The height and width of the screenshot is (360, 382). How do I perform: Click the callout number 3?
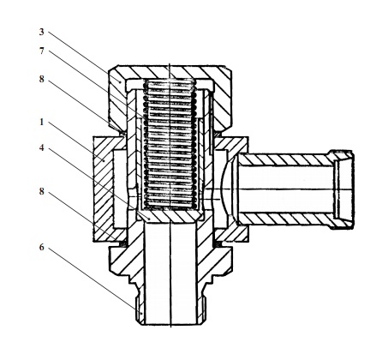click(42, 32)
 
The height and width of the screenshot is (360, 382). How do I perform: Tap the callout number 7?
click(42, 51)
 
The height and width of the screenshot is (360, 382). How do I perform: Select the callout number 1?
click(42, 123)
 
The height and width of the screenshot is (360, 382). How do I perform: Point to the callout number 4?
click(42, 148)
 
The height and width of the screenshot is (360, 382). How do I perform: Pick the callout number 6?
click(42, 248)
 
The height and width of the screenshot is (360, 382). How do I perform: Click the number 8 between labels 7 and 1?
click(42, 80)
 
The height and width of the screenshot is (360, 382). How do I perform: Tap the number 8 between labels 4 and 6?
click(42, 191)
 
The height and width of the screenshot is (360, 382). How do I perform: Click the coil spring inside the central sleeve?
click(170, 144)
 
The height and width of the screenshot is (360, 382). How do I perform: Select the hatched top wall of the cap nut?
click(170, 72)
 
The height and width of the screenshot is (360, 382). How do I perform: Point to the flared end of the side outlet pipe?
click(342, 189)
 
